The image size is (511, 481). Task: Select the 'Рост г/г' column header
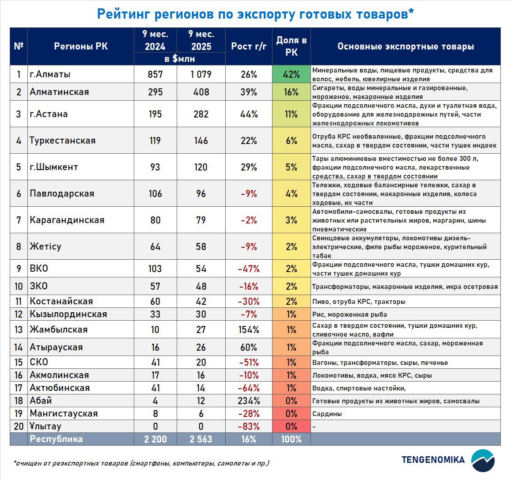(x=249, y=46)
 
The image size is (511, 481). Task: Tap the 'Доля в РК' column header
(x=291, y=46)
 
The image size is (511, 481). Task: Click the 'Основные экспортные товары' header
(x=405, y=46)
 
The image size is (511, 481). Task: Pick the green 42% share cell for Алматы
(x=291, y=74)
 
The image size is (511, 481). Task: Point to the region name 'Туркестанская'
(x=62, y=140)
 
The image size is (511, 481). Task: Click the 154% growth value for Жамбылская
(x=249, y=330)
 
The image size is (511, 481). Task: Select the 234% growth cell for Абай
(x=249, y=401)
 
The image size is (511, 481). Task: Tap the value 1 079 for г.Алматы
(x=201, y=74)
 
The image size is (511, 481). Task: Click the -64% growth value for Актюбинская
(x=249, y=388)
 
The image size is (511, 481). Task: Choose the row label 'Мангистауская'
(x=64, y=414)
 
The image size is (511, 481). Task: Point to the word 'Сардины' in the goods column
(x=327, y=414)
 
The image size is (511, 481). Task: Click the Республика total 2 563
(x=201, y=439)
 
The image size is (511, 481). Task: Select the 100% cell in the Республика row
(x=291, y=439)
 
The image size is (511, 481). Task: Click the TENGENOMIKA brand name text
(x=433, y=460)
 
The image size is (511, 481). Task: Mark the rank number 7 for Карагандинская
(x=19, y=220)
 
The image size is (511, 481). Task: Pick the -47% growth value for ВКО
(x=249, y=269)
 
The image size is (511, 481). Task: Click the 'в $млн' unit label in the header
(x=179, y=59)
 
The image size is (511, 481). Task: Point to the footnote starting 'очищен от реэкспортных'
(x=141, y=463)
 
